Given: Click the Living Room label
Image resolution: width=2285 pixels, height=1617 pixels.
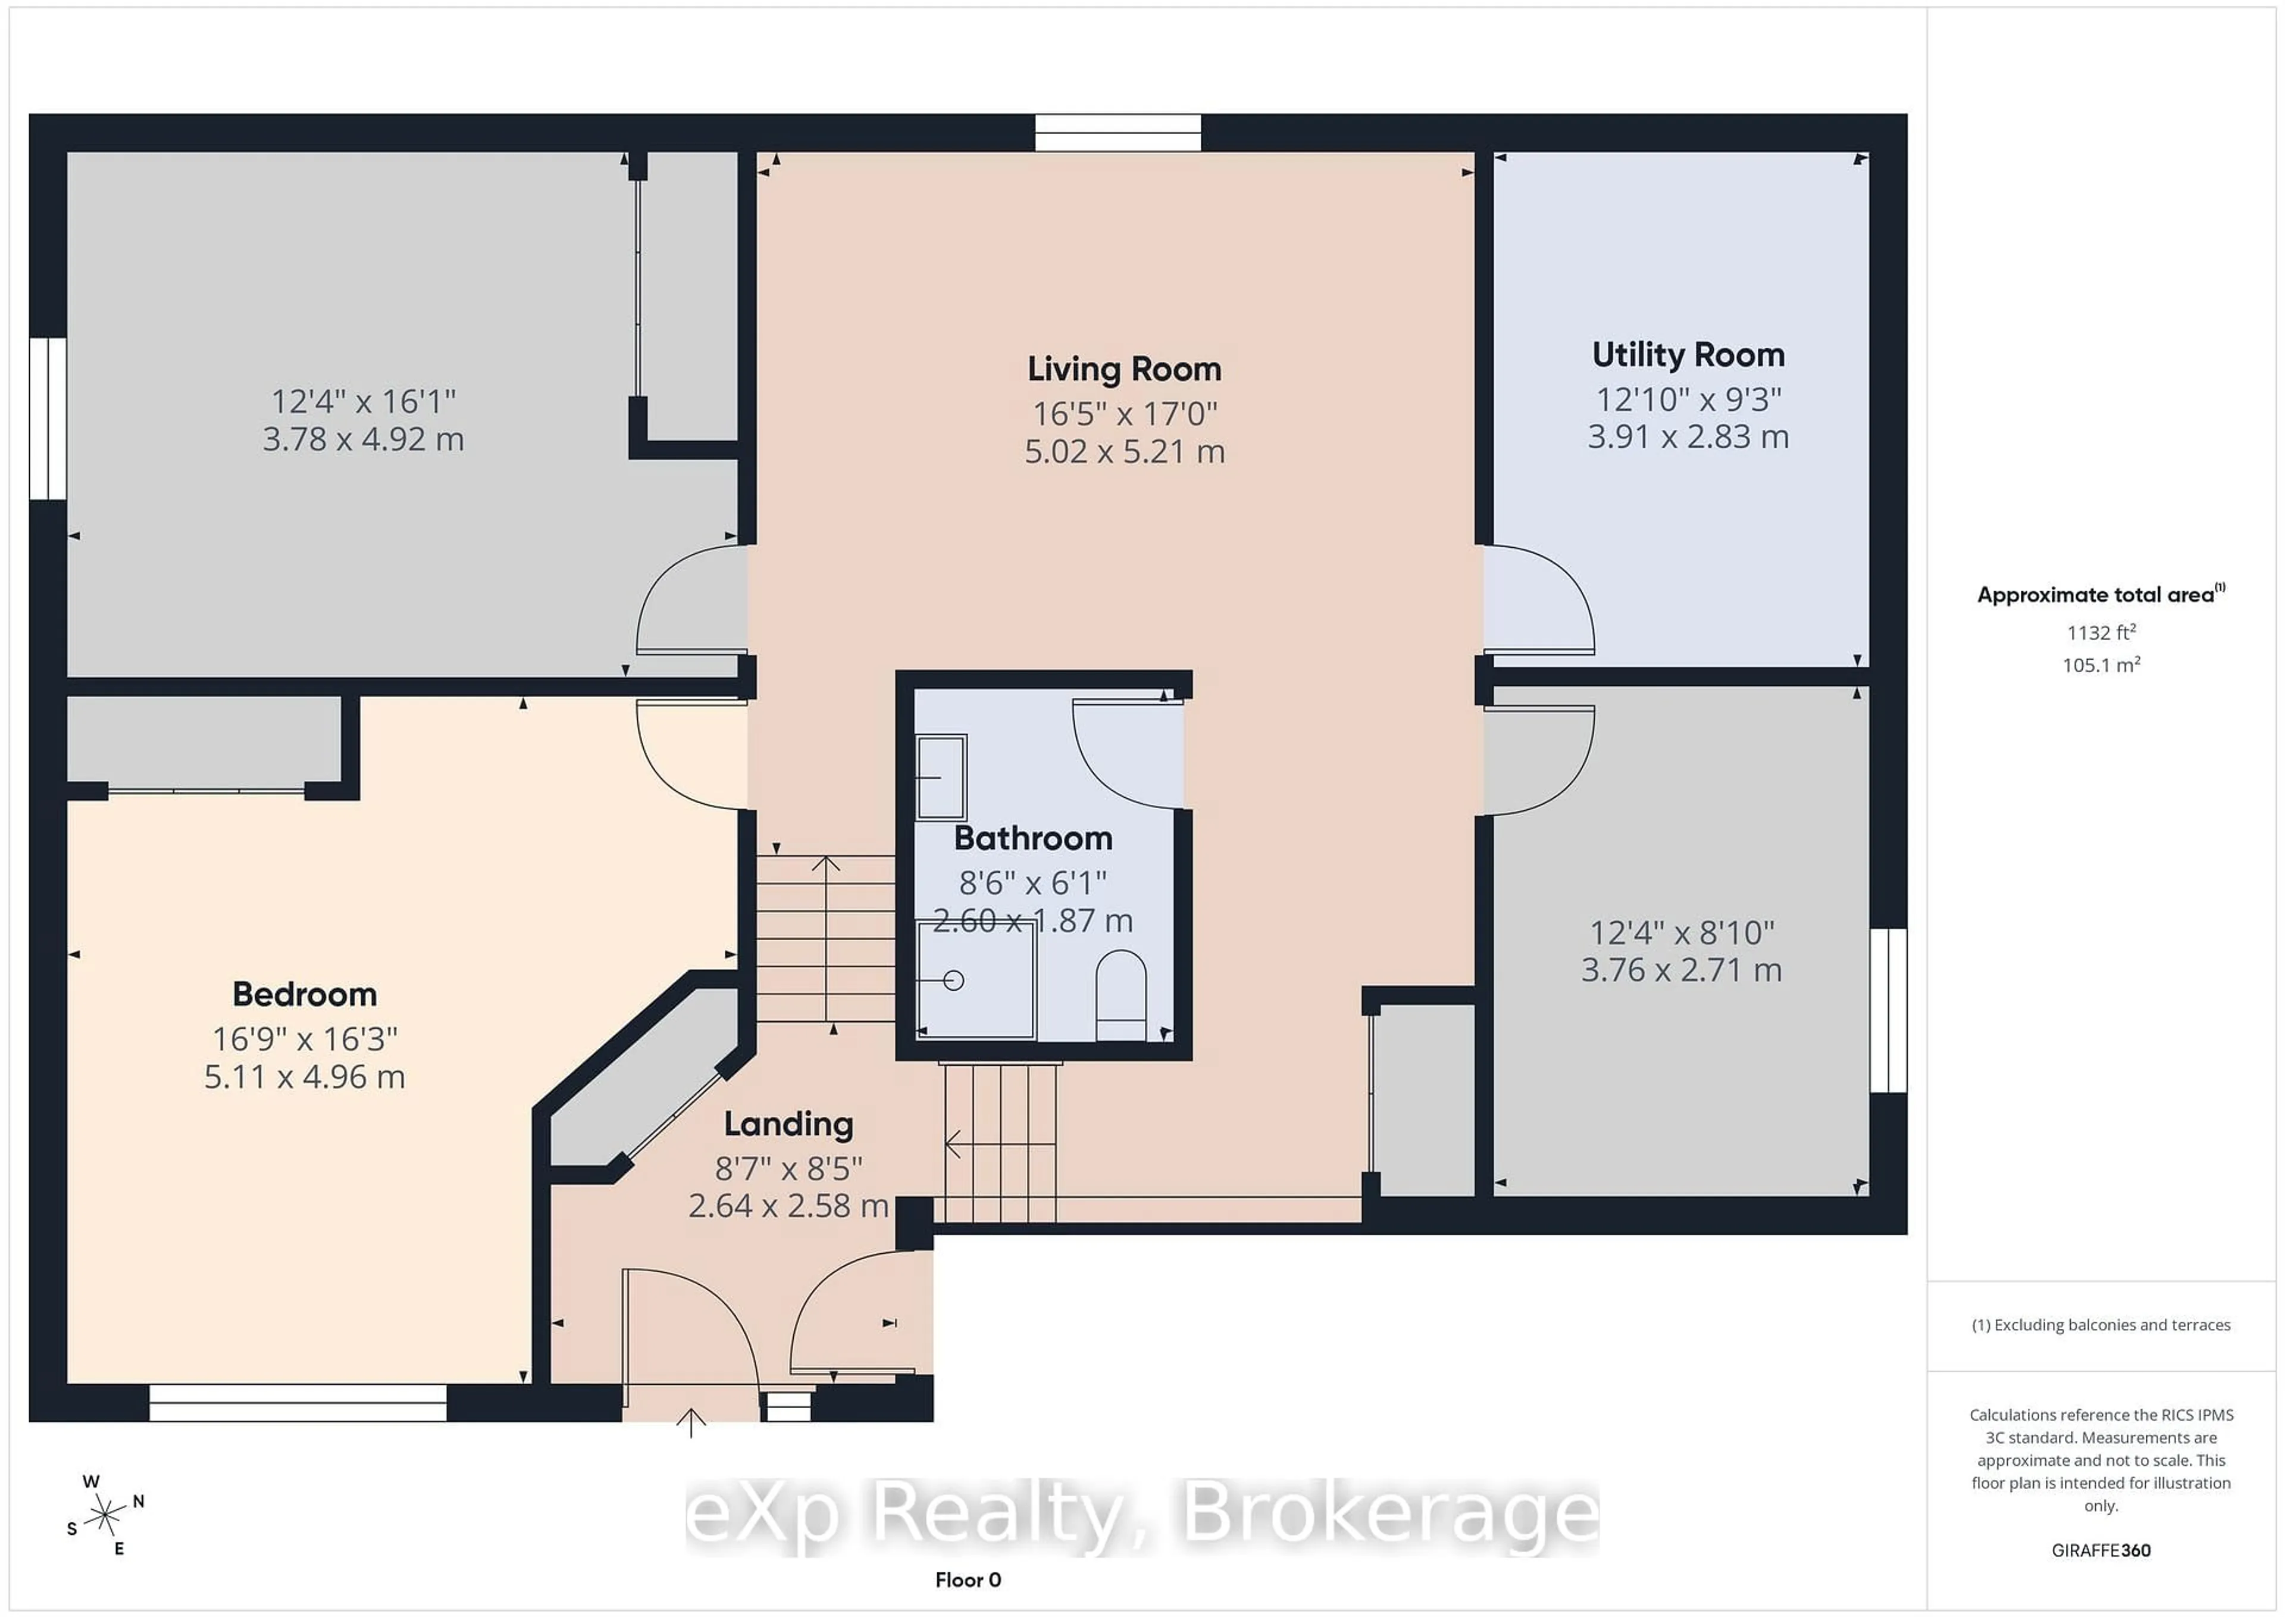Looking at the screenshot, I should (x=1123, y=369).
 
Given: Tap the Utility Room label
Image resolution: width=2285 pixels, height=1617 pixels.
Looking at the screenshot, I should (x=1688, y=354).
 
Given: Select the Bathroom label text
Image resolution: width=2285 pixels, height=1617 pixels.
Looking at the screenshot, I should (x=1033, y=838).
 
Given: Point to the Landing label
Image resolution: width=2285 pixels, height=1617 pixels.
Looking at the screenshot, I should (x=788, y=1124).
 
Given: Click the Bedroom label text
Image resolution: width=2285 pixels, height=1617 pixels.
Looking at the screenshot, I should (x=305, y=994).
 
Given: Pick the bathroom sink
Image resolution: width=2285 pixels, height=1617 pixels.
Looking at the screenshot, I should (x=940, y=776).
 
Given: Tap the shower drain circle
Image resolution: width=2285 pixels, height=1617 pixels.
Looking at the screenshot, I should (x=953, y=981).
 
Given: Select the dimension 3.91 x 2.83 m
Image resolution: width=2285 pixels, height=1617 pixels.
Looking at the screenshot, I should (x=1688, y=437).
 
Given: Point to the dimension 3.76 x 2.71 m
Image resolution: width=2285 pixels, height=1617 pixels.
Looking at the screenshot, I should (x=1681, y=970).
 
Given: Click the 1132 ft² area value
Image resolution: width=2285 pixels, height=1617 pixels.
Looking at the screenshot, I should (x=2101, y=632).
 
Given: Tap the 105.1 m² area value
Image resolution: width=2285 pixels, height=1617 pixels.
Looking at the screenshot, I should (x=2101, y=665).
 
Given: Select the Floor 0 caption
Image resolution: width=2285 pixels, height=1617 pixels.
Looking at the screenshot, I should (x=968, y=1579).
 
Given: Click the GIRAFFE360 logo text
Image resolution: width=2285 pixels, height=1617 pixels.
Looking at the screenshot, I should (x=2101, y=1550).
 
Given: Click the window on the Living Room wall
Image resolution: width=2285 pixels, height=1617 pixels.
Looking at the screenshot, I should (x=1118, y=132).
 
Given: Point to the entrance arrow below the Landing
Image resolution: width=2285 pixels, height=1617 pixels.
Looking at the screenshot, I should (x=691, y=1424).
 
